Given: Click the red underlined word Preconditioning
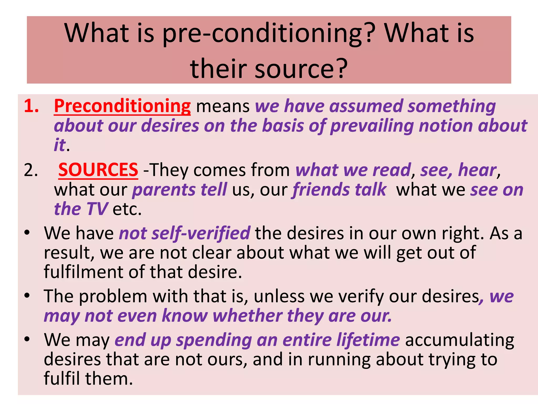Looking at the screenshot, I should click(x=122, y=106).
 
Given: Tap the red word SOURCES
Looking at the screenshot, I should click(x=98, y=170).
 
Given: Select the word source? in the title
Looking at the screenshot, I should click(x=301, y=69).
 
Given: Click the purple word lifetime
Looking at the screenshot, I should click(x=368, y=340).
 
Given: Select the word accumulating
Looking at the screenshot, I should click(x=459, y=340).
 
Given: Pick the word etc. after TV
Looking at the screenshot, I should click(x=127, y=210).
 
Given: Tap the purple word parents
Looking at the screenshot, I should click(x=164, y=190).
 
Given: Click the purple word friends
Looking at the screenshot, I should click(x=321, y=190).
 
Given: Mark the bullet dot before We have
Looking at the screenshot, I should click(x=27, y=233).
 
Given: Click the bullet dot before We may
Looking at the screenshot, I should click(x=27, y=339).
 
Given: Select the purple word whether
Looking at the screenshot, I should click(x=247, y=316).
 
